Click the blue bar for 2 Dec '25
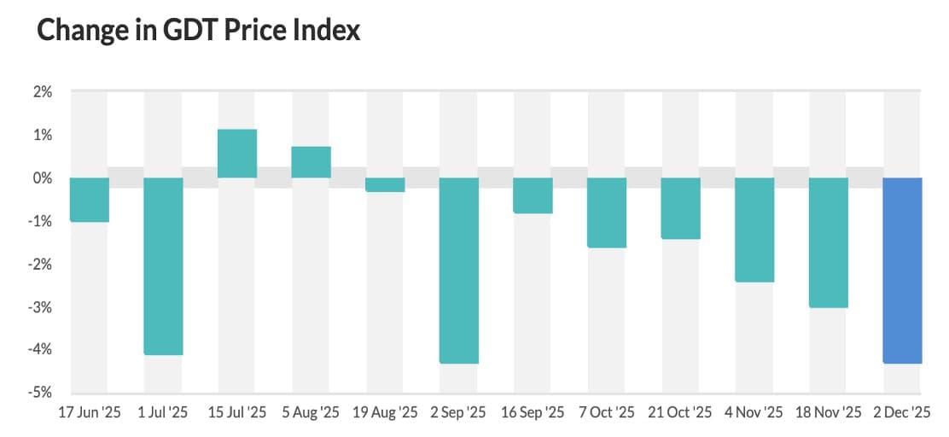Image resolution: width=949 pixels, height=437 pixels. point(902,271)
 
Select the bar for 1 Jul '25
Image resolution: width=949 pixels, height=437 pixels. point(163,266)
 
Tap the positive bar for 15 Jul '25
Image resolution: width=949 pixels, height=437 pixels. point(237,154)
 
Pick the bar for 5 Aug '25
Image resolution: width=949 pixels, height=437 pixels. point(311,162)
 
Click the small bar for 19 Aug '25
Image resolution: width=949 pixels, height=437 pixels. point(385,184)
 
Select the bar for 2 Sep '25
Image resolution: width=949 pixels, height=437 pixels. point(459,271)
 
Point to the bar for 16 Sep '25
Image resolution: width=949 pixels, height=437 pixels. point(533,195)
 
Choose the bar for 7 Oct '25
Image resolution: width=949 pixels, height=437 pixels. point(607,213)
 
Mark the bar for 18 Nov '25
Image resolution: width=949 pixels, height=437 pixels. point(829,242)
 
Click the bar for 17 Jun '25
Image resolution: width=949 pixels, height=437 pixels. point(90,200)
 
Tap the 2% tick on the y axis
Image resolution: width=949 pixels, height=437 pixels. point(44,92)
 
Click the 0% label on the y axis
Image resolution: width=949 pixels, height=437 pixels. point(44,178)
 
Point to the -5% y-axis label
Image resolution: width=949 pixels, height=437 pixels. point(42,393)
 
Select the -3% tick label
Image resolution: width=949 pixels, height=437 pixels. point(42,307)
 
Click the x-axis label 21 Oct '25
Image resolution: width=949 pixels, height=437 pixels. point(680,413)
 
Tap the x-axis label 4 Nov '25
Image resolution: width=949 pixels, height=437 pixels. point(754,413)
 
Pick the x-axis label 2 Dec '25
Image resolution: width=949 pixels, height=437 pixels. point(901,413)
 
